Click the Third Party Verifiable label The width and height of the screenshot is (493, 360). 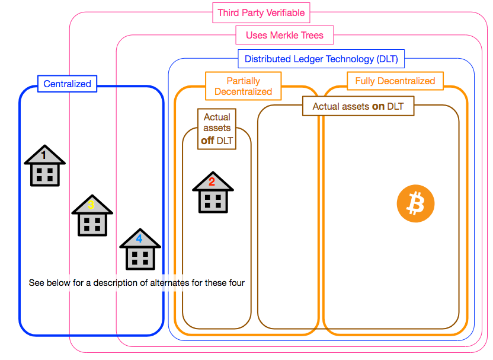[x=261, y=12]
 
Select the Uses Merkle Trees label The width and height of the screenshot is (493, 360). [x=284, y=35]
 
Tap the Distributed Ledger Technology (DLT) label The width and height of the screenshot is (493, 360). [x=321, y=59]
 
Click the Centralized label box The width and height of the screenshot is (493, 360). [x=68, y=84]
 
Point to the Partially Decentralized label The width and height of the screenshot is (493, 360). [x=243, y=86]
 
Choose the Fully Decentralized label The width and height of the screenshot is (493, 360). [x=395, y=81]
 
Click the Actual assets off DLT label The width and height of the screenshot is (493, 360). [x=217, y=129]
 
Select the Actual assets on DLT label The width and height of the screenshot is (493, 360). [x=358, y=107]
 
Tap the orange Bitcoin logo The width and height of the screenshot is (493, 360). [x=415, y=204]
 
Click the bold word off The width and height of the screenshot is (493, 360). [x=207, y=141]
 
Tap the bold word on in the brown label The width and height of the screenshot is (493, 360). [x=378, y=107]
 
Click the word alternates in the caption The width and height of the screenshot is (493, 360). [x=169, y=283]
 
